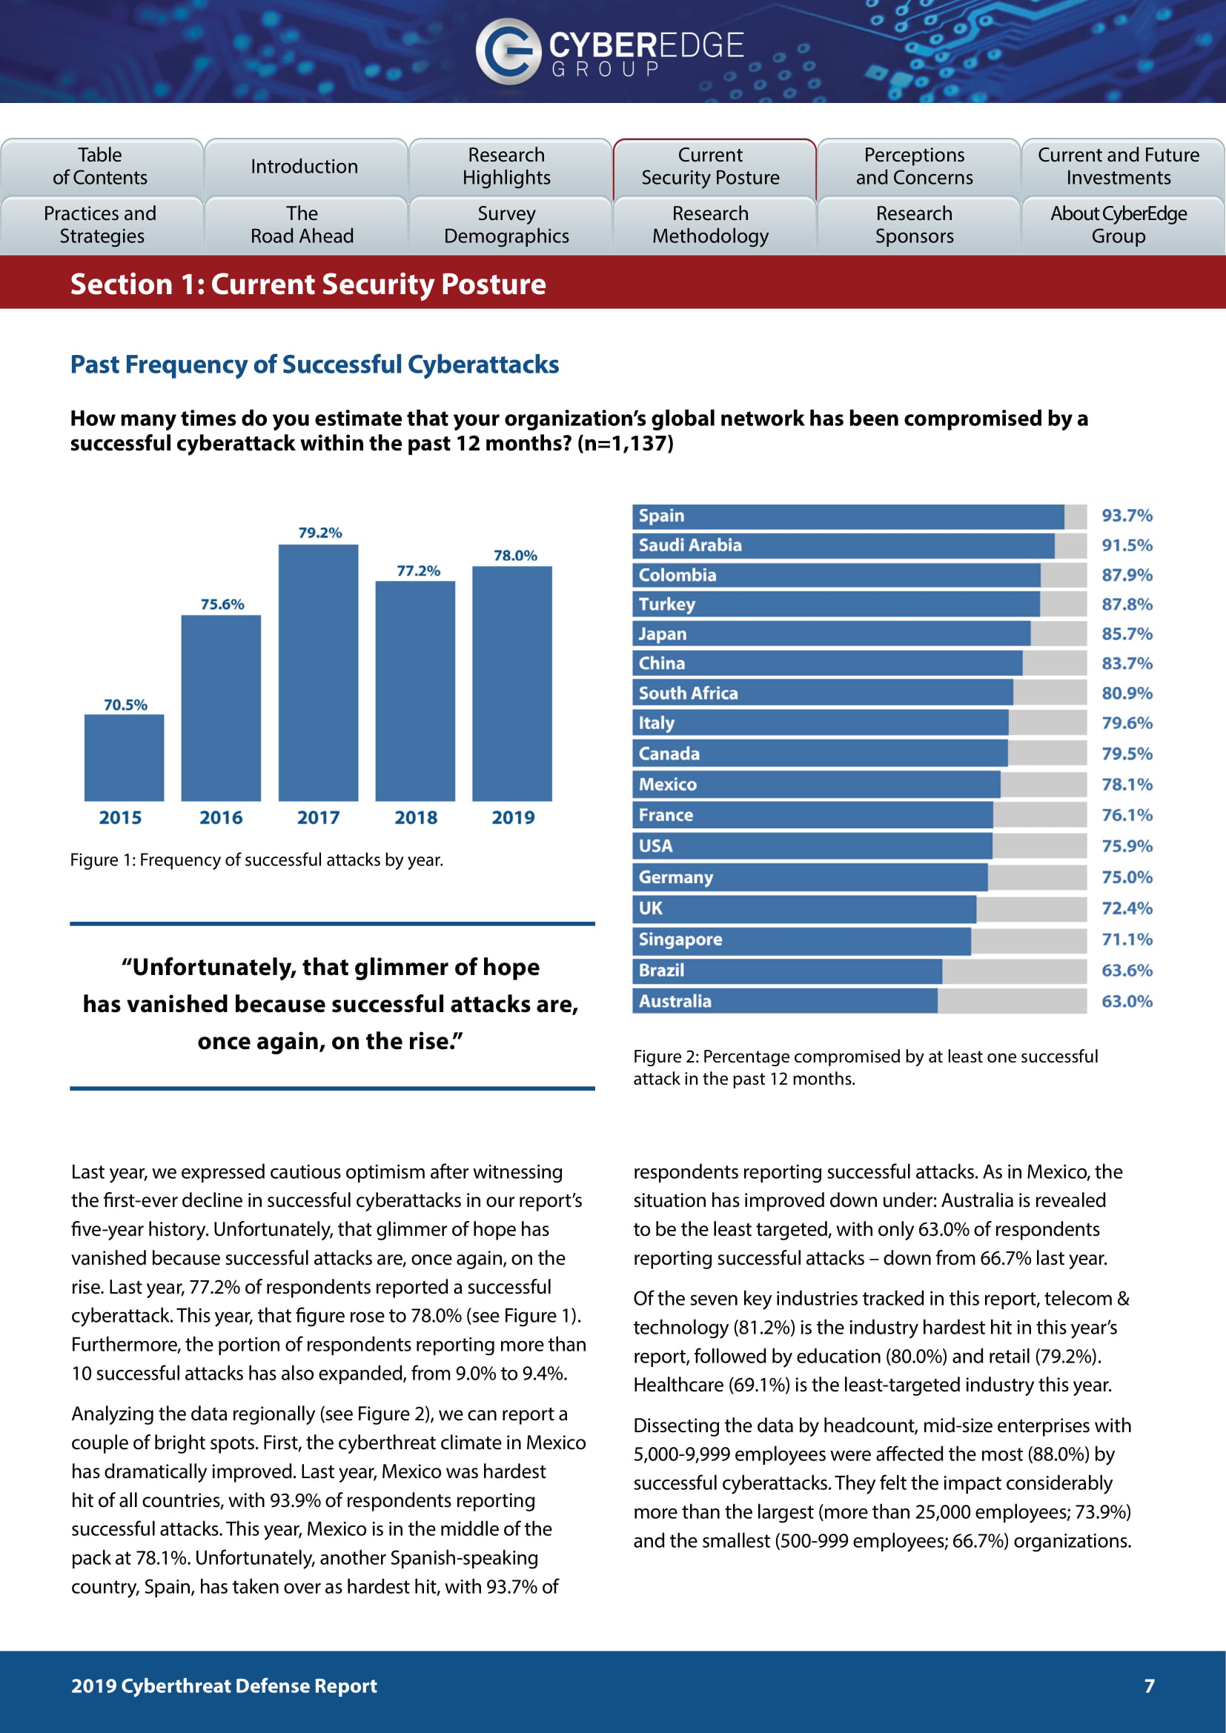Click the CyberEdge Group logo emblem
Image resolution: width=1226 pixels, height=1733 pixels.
point(507,50)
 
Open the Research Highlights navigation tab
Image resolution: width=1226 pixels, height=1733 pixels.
point(506,166)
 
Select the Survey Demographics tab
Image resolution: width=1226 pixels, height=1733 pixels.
point(506,225)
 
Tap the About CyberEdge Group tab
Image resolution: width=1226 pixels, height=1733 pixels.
point(1118,225)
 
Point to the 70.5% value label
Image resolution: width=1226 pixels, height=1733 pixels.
point(125,705)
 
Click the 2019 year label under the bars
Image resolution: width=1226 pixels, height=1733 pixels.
point(513,817)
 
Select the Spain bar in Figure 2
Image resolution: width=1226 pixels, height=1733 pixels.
point(848,516)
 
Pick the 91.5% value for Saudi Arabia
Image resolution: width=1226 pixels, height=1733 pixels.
point(1127,545)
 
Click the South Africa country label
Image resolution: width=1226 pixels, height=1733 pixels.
point(688,693)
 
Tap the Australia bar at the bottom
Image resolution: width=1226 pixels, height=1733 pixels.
point(785,1001)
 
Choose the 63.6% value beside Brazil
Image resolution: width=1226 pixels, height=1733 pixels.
point(1127,970)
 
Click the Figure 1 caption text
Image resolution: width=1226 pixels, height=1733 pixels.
point(256,859)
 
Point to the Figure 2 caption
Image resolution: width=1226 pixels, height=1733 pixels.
point(865,1066)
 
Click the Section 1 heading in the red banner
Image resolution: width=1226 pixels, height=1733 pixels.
point(308,284)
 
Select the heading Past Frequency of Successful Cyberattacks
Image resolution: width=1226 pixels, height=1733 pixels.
point(314,365)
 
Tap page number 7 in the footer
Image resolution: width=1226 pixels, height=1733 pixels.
point(1149,1686)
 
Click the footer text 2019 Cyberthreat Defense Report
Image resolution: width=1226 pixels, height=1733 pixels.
point(223,1686)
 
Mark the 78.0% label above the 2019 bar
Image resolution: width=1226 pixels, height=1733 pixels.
point(515,556)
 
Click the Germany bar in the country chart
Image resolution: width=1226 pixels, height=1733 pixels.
point(810,877)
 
